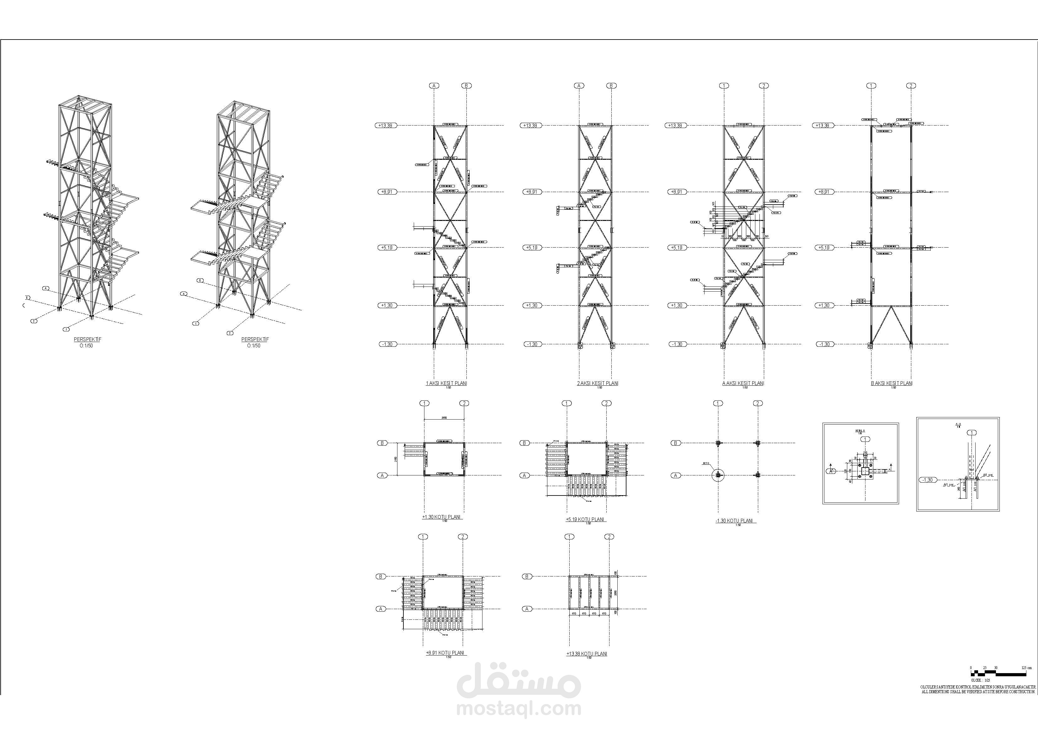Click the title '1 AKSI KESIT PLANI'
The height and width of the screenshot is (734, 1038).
tap(446, 383)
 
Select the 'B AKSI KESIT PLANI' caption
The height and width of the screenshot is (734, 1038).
tap(892, 383)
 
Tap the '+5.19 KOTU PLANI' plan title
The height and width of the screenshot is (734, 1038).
tap(585, 519)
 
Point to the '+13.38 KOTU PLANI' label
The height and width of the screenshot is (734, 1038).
tap(586, 653)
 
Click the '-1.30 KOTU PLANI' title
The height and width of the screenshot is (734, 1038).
tap(734, 521)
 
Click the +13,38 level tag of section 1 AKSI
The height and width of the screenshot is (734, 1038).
tap(386, 125)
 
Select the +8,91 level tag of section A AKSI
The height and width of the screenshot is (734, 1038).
tap(676, 192)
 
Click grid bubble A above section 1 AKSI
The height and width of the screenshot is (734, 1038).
tap(434, 85)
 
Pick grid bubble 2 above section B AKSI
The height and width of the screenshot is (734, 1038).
tap(911, 85)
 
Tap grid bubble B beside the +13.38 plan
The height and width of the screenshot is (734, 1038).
tap(527, 576)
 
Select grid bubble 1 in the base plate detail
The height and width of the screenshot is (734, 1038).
tap(865, 439)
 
